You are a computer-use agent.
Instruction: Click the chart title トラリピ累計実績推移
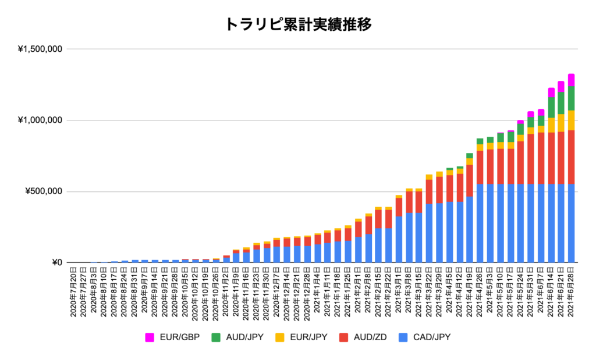click(x=297, y=24)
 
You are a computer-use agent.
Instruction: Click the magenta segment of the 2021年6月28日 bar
click(x=572, y=80)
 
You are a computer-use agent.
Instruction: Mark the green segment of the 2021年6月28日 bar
click(x=572, y=98)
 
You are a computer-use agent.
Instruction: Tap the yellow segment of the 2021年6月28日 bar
click(x=572, y=120)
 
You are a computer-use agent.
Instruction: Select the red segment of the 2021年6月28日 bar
click(x=572, y=157)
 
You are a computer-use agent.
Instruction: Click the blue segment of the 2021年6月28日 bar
click(x=572, y=223)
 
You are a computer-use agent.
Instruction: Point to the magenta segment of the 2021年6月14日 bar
click(x=551, y=92)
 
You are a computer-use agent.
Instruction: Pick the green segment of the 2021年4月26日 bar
click(x=480, y=141)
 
